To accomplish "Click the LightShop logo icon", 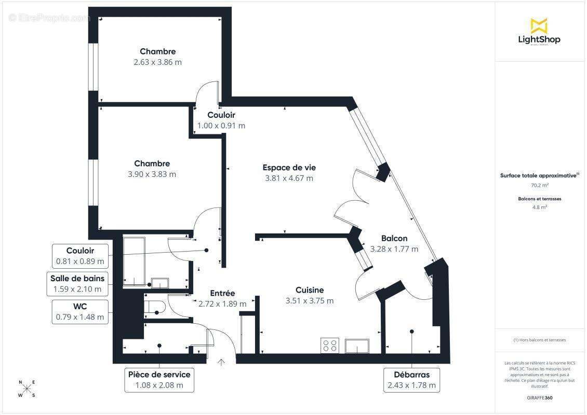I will coord(539,25).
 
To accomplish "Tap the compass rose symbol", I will coord(28,389).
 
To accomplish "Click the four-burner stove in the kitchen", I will coord(330,345).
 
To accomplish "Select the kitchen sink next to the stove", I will coord(357,345).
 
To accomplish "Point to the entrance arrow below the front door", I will coord(221,363).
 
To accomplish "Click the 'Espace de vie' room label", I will coord(289,168).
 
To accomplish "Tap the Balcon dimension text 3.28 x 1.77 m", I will coord(394,249).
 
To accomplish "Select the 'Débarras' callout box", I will coord(411,380).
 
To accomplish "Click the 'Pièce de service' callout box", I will coord(159,380).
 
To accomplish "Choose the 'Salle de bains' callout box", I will coord(77,284).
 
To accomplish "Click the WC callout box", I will coord(80,312).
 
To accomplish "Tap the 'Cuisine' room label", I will coord(310,290).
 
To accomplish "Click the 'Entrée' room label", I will coord(222,293).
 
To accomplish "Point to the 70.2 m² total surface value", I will coord(540,185).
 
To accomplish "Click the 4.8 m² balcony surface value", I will coord(540,207).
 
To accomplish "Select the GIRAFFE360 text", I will coord(540,397).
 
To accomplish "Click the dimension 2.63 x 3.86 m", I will coord(157,62).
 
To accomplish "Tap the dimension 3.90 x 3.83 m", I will coord(152,174).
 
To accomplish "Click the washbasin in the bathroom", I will coord(159,283).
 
